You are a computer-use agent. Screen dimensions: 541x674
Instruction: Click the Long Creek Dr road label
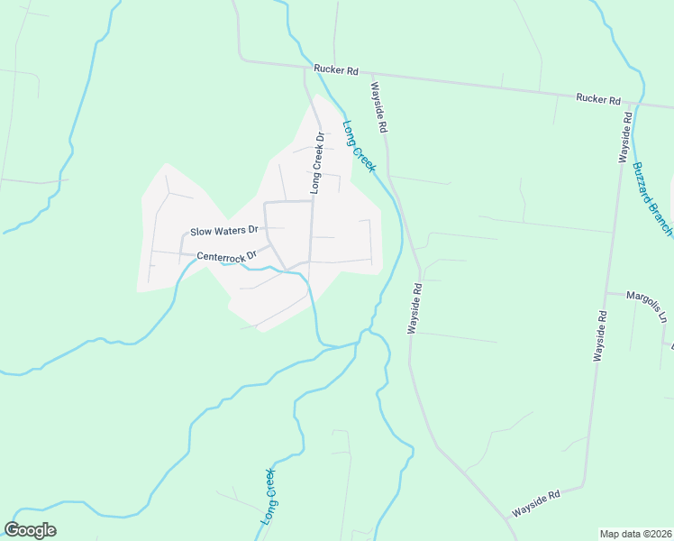(317, 163)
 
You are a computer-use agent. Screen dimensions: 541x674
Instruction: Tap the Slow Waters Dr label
(224, 231)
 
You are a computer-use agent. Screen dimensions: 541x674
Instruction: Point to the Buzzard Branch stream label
(651, 198)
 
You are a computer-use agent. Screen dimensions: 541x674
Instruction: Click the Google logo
(30, 530)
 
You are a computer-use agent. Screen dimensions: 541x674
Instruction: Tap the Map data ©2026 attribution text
(634, 533)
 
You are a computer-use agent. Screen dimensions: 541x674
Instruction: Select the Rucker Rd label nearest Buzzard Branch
(599, 98)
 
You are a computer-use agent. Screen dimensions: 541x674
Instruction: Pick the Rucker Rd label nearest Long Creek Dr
(336, 69)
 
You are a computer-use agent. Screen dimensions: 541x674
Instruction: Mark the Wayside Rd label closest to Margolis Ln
(599, 336)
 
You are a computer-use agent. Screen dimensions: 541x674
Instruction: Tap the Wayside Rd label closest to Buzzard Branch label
(624, 137)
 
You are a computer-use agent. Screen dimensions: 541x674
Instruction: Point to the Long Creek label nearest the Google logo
(269, 497)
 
